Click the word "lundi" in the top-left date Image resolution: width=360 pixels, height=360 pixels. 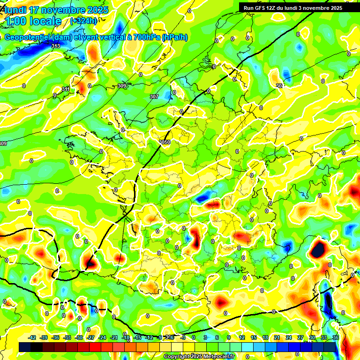[15, 10]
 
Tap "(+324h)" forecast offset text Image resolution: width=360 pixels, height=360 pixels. [83, 21]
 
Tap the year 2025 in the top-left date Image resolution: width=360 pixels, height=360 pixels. [96, 10]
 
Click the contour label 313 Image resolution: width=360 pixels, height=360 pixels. [56, 46]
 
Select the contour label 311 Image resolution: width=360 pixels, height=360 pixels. [66, 89]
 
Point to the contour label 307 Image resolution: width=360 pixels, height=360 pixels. [154, 97]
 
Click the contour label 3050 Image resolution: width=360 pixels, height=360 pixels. [164, 142]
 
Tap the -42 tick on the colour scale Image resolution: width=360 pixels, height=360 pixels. [32, 337]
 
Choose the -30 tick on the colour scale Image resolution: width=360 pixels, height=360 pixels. [79, 337]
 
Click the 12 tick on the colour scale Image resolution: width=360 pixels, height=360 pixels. [241, 337]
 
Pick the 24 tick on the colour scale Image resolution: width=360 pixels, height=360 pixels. [288, 337]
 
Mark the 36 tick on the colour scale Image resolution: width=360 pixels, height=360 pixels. [335, 337]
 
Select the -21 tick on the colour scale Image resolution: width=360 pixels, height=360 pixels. [114, 337]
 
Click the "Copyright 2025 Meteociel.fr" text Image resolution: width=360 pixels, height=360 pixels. [199, 356]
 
